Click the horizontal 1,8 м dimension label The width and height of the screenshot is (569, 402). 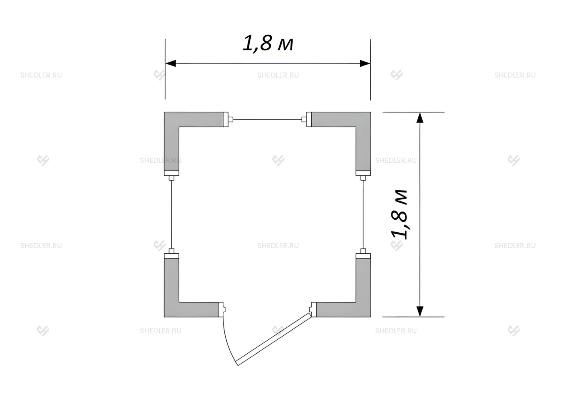[x=268, y=43]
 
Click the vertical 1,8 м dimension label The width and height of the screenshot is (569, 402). [x=399, y=214]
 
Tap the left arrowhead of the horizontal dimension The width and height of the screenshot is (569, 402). [x=171, y=63]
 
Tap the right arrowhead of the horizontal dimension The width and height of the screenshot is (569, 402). [x=365, y=63]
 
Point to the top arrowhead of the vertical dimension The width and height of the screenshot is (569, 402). [x=420, y=118]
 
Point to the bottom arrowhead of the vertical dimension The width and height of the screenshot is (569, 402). [x=420, y=311]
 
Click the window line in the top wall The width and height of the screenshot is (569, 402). [x=267, y=119]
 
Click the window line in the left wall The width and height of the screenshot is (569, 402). [x=172, y=214]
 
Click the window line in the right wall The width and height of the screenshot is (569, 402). [x=363, y=214]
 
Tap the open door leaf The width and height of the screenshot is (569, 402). [x=274, y=339]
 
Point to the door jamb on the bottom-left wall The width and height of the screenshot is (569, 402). [x=222, y=309]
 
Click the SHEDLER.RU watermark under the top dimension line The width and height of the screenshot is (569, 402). [x=278, y=75]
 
